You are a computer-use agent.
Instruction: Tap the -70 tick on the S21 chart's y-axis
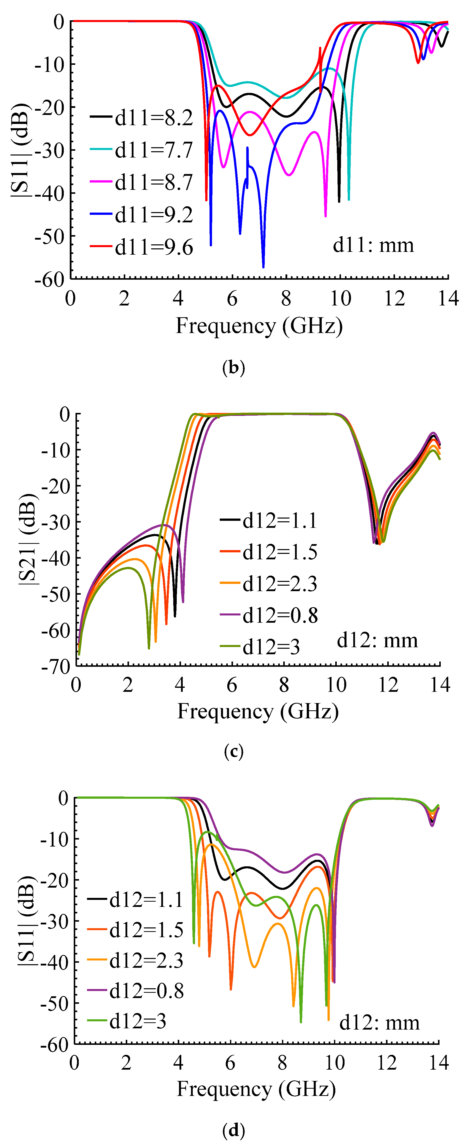56,667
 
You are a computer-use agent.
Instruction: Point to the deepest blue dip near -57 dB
263,266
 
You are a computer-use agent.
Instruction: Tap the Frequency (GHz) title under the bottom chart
256,1089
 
